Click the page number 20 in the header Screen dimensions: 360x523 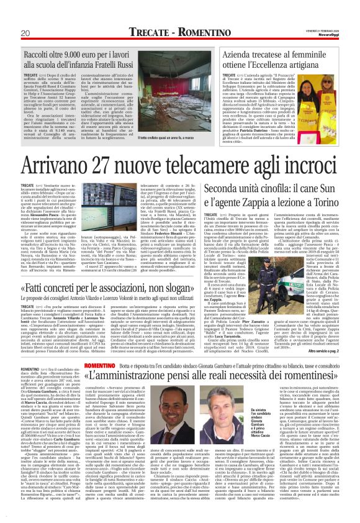click(24, 32)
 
